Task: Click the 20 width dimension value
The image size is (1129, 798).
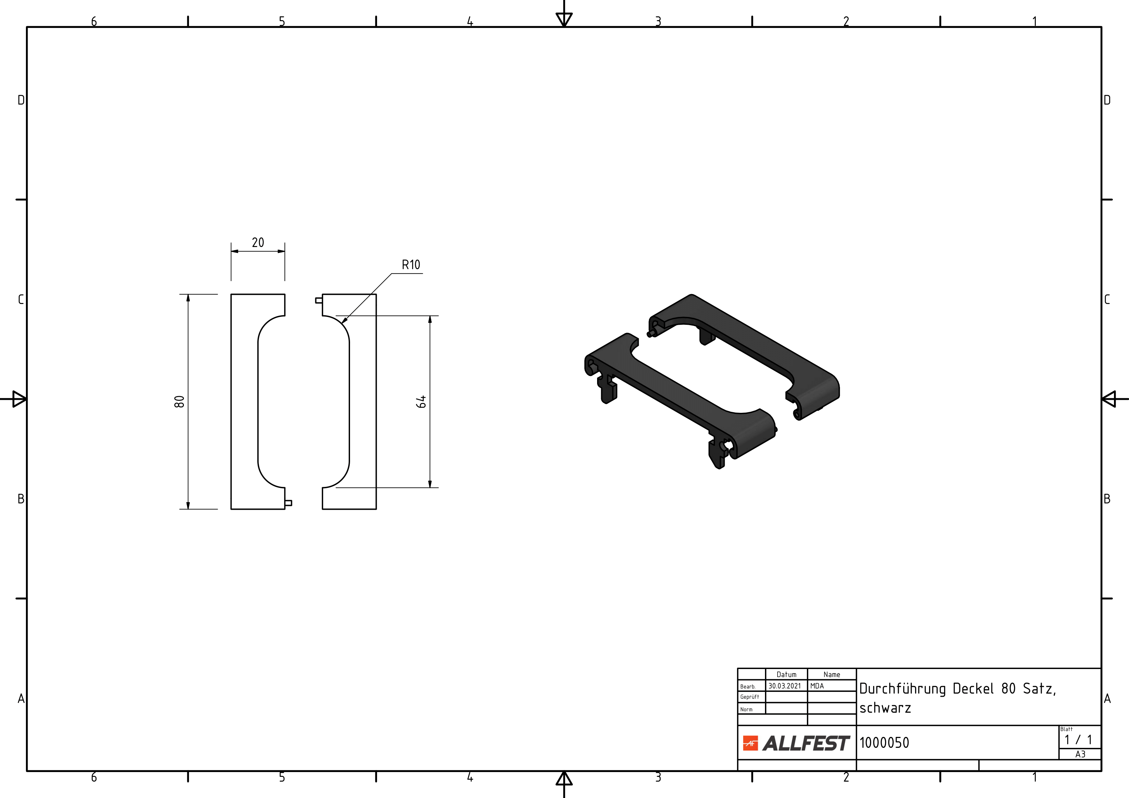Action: pos(258,242)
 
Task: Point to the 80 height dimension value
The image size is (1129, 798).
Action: pos(179,402)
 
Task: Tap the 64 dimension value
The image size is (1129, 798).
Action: pos(421,402)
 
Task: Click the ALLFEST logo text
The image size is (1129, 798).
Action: pos(806,743)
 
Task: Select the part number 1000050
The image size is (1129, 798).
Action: pos(884,742)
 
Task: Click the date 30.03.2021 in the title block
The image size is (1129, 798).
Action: pos(785,686)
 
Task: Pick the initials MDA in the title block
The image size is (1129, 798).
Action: pos(817,686)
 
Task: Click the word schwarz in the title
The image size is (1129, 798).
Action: pos(885,708)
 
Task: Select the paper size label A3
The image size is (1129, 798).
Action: pos(1080,754)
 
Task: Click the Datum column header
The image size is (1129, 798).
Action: pos(786,674)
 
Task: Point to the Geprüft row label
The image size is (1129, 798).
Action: pos(749,697)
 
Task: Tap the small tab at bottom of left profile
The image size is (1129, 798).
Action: pos(288,503)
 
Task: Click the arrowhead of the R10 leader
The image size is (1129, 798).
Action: pos(344,321)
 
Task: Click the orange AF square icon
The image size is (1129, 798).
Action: pos(750,743)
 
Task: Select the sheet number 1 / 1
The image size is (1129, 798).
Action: pos(1079,740)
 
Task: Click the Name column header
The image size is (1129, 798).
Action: pos(831,674)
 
